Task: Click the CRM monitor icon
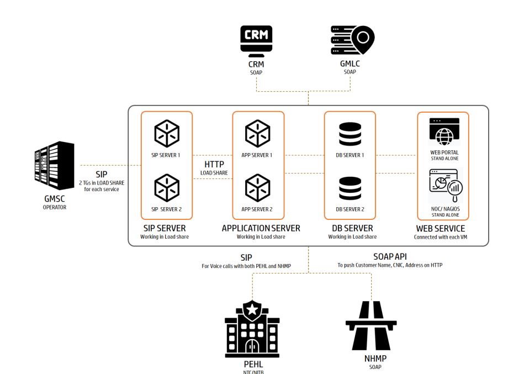(x=256, y=41)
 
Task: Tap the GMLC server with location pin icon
(x=352, y=41)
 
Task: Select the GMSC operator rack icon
(x=54, y=165)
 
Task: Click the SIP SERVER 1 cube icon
(x=166, y=133)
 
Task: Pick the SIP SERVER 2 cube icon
(x=166, y=187)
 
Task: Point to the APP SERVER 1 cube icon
(x=258, y=133)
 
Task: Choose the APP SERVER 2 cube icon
(x=258, y=187)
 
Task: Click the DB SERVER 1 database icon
(x=350, y=134)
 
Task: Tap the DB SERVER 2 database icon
(x=350, y=188)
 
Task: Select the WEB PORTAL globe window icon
(x=444, y=131)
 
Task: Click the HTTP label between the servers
(x=214, y=165)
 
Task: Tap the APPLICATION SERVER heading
(x=261, y=228)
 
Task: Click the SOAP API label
(x=389, y=257)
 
